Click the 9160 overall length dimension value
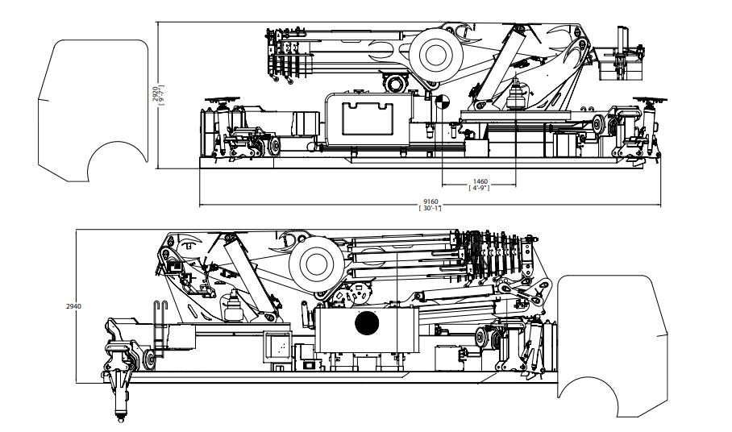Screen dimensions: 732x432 click(430, 202)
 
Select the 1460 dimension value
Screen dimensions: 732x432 click(480, 181)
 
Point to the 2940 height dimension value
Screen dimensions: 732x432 click(73, 306)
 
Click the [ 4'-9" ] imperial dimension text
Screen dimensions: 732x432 click(480, 188)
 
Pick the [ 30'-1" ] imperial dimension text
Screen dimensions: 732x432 click(430, 208)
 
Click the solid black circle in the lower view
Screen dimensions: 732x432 click(367, 323)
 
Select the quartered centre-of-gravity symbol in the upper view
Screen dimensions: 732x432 click(442, 102)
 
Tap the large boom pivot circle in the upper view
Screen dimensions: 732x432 click(436, 54)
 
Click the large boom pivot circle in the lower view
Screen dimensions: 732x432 click(316, 264)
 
